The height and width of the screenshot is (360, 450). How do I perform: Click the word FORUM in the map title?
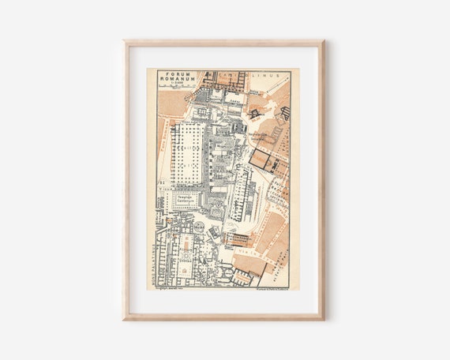tap(173, 73)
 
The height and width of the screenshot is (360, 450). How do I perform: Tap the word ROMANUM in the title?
tap(173, 80)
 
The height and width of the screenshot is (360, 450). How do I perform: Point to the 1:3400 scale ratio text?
tap(173, 85)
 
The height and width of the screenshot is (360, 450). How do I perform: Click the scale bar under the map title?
tap(174, 89)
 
